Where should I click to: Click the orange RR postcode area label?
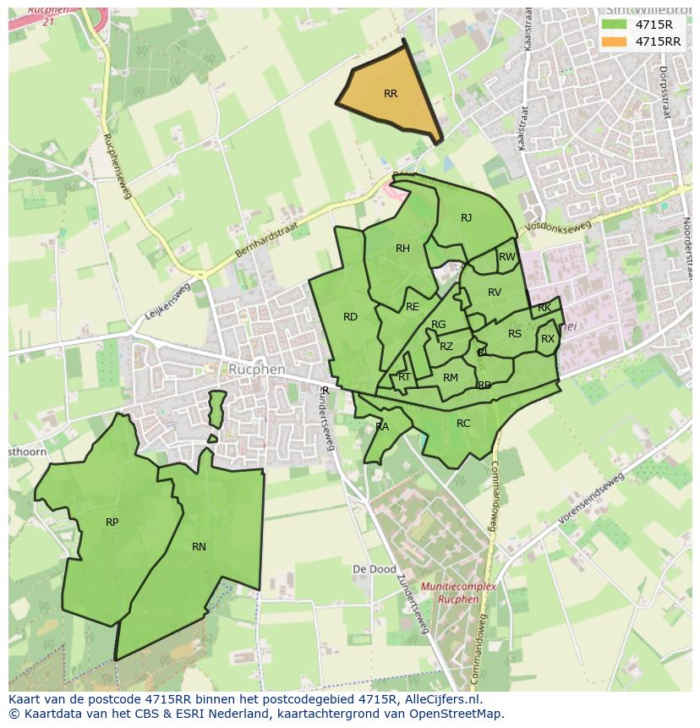390,94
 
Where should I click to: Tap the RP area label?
112,523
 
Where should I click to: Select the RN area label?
199,547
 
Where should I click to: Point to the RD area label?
350,317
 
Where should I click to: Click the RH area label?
402,249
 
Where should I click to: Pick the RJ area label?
466,218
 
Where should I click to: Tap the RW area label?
506,257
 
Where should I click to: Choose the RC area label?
463,424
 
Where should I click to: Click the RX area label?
548,339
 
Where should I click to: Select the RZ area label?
446,347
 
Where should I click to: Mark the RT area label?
404,377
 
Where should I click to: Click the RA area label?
382,427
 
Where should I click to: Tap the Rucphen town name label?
256,369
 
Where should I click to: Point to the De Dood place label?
374,570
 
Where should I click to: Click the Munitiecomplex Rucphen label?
468,593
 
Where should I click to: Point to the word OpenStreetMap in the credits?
460,713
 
